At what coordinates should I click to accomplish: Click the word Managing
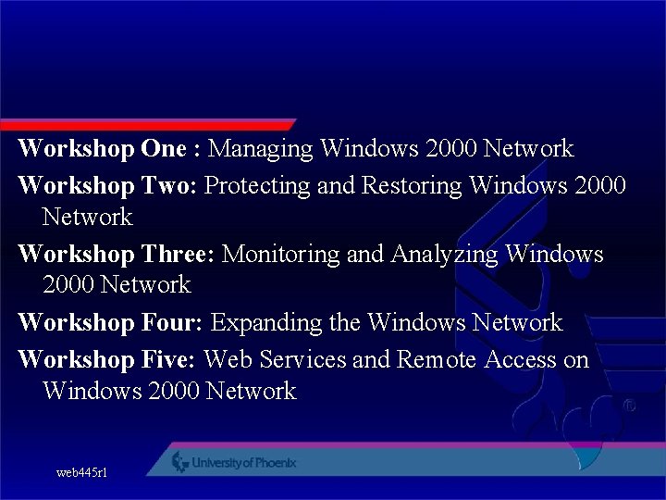pyautogui.click(x=263, y=149)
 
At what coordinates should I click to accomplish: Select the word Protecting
pyautogui.click(x=257, y=186)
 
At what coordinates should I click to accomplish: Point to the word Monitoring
pyautogui.click(x=280, y=254)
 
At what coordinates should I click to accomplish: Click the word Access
pyautogui.click(x=518, y=359)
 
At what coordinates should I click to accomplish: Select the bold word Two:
pyautogui.click(x=169, y=185)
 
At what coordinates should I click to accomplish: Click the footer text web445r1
pyautogui.click(x=81, y=472)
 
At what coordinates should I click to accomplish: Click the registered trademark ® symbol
pyautogui.click(x=629, y=406)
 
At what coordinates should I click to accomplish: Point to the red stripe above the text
pyautogui.click(x=148, y=124)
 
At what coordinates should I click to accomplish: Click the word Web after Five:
pyautogui.click(x=225, y=359)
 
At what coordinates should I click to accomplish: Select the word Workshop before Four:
pyautogui.click(x=77, y=322)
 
